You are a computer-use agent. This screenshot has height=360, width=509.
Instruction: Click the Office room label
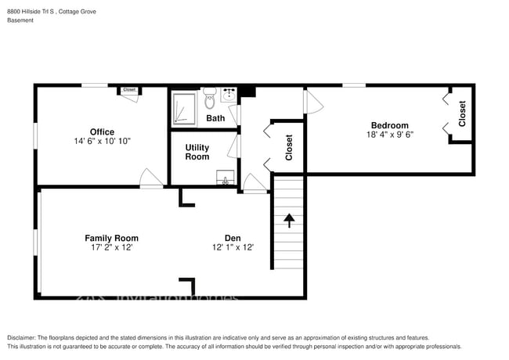click(x=102, y=131)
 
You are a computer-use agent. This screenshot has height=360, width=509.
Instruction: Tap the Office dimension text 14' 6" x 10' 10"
click(x=102, y=142)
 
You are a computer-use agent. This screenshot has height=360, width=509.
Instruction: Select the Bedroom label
click(x=389, y=125)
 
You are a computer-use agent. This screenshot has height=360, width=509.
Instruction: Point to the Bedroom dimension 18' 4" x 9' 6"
click(x=389, y=135)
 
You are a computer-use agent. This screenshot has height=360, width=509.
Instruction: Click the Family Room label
click(x=111, y=238)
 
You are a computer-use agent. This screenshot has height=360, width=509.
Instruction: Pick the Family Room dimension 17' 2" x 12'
click(x=111, y=247)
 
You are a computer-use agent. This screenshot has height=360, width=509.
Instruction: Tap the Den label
click(x=232, y=238)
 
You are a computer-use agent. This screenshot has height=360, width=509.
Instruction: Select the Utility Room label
click(x=197, y=152)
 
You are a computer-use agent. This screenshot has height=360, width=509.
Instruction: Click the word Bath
click(x=215, y=118)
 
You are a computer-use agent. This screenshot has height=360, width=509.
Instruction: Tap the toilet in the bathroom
click(x=210, y=100)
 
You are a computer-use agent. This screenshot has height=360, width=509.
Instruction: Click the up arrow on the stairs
click(x=288, y=220)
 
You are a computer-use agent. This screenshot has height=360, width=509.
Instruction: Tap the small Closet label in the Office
click(x=129, y=90)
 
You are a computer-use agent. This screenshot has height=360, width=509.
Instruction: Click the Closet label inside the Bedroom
click(x=462, y=113)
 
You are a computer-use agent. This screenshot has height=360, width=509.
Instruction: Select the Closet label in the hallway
click(x=289, y=146)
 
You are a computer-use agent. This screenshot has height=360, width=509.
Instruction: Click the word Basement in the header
click(x=20, y=20)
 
